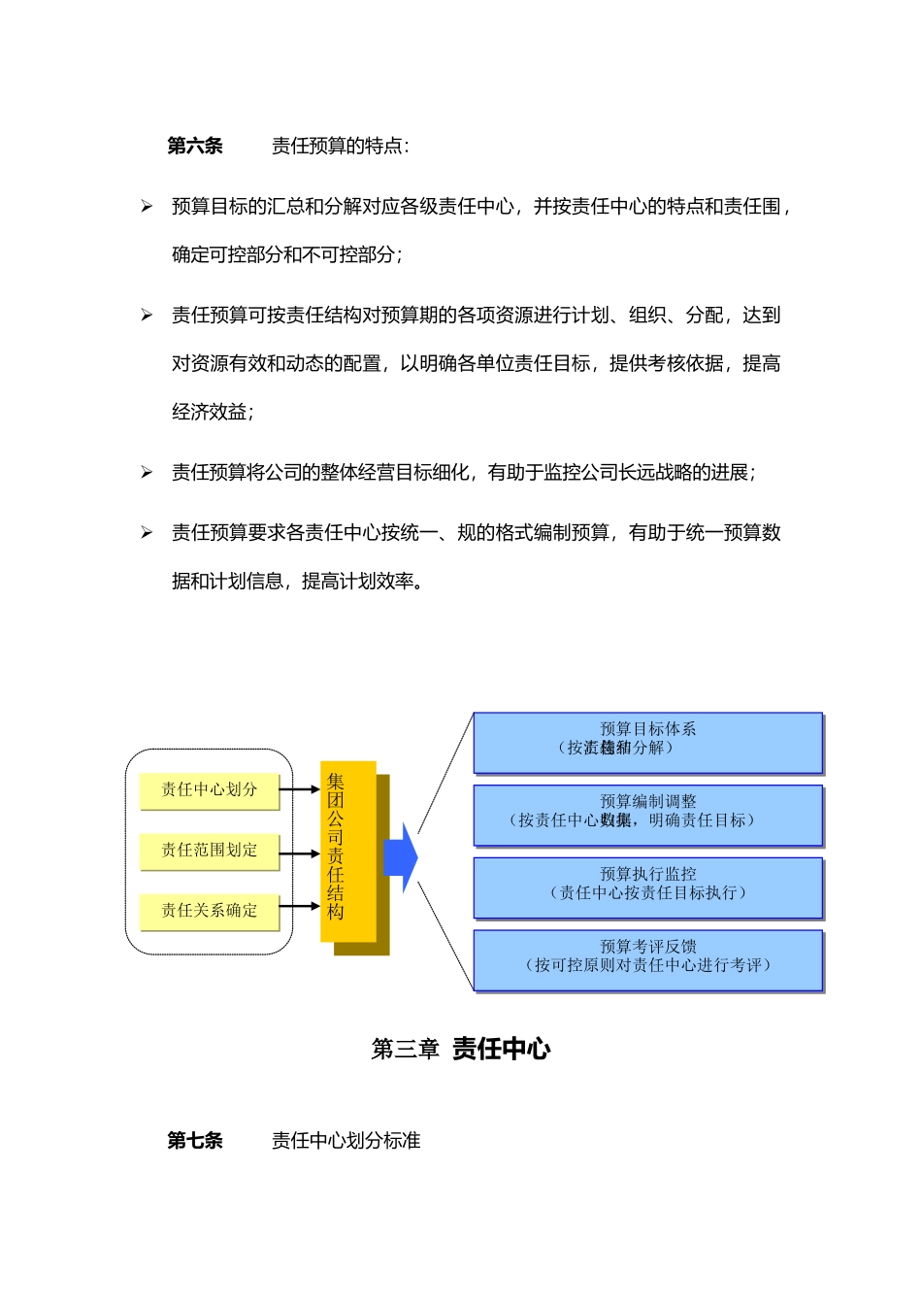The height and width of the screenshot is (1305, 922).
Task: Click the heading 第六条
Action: click(x=194, y=146)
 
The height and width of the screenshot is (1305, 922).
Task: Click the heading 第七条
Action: click(x=194, y=1140)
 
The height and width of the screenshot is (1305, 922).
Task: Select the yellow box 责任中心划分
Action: click(x=209, y=789)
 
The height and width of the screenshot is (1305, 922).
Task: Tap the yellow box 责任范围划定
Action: click(x=209, y=850)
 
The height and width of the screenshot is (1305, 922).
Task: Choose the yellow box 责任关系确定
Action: click(x=209, y=910)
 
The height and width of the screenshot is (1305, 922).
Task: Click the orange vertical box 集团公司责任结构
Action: click(x=347, y=851)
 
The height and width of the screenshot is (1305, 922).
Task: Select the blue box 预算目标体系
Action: click(x=647, y=743)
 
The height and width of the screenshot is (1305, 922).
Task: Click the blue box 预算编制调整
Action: click(x=647, y=815)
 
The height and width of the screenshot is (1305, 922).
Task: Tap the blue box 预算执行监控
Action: click(x=647, y=887)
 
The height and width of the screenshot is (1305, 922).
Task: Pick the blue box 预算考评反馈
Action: click(x=647, y=959)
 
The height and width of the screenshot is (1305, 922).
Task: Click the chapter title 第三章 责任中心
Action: click(x=461, y=1049)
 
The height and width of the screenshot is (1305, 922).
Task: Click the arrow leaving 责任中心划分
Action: click(x=300, y=789)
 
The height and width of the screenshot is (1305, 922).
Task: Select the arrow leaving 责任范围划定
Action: click(x=300, y=853)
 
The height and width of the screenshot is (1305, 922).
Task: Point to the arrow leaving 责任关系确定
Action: click(x=300, y=906)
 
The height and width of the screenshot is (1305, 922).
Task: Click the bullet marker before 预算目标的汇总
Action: click(x=147, y=206)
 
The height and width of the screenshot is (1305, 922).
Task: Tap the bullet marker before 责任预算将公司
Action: click(x=147, y=472)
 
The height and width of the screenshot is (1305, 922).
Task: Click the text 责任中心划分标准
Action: click(x=346, y=1140)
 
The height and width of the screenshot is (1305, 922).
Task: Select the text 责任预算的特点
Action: click(x=340, y=146)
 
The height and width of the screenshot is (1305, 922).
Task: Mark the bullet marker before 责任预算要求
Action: click(x=147, y=532)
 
